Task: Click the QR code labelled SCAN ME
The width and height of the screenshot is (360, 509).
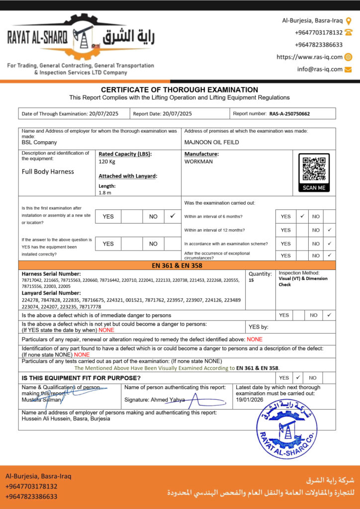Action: (314, 172)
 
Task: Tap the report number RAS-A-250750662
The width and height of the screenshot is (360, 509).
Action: (289, 114)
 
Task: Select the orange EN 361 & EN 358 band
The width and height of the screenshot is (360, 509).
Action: (177, 265)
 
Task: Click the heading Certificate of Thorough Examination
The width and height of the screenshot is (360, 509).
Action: (180, 90)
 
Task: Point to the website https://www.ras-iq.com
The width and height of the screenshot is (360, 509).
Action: (309, 57)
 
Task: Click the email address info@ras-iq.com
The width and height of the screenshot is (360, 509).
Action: (320, 69)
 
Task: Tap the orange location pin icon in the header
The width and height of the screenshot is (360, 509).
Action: (349, 21)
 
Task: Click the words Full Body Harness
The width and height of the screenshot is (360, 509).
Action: (48, 171)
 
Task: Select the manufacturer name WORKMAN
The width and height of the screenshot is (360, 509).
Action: (198, 162)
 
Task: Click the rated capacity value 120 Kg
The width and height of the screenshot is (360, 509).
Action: (107, 162)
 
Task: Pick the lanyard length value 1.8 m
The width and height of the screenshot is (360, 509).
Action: (104, 192)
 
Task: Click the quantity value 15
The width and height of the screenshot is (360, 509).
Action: (252, 280)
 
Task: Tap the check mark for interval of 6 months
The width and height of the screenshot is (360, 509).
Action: (302, 216)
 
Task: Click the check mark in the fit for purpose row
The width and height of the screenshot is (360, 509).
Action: (297, 377)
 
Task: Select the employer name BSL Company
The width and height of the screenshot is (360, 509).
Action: (39, 142)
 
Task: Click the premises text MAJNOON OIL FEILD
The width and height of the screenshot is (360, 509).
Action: (211, 142)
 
